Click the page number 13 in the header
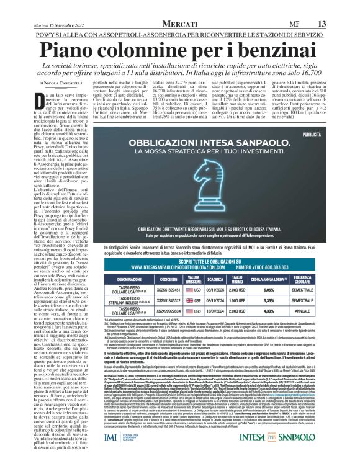click(340, 23)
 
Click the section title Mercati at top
click(179, 23)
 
